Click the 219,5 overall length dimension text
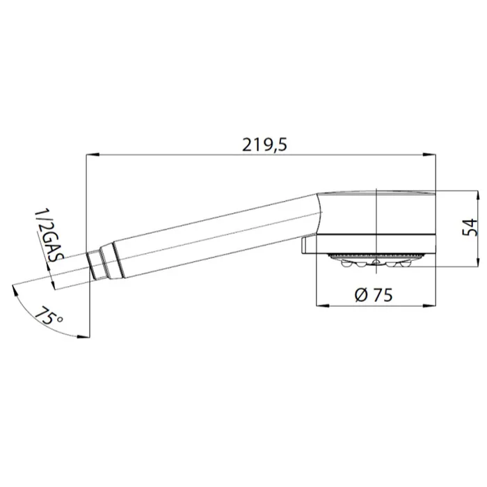(x=264, y=145)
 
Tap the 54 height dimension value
(x=470, y=227)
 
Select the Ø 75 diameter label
(x=374, y=294)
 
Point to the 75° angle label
(x=49, y=316)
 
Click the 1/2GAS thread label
(x=49, y=236)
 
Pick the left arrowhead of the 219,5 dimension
(x=93, y=154)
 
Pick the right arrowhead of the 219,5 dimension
(x=429, y=154)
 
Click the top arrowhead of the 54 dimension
(x=477, y=197)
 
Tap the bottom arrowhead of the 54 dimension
(x=477, y=260)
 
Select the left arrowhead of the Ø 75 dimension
(x=322, y=305)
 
